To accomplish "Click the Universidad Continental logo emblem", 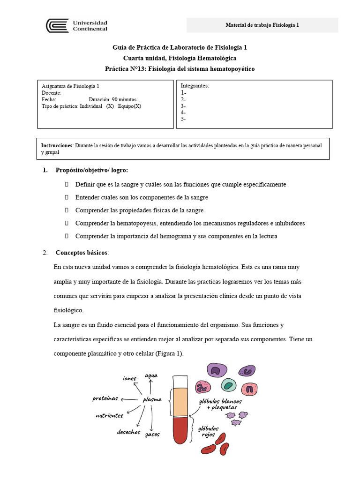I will (57, 25).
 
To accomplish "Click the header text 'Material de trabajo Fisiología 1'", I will (262, 25).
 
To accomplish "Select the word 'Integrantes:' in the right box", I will (195, 86).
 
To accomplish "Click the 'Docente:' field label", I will (52, 93).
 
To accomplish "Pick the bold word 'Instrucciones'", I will (57, 146).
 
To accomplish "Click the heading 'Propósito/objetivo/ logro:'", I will (91, 170).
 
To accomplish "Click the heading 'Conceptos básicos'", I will (82, 253).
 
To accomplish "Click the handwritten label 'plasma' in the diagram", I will (152, 400).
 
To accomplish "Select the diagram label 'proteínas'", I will (105, 398).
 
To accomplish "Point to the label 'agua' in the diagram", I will (151, 376).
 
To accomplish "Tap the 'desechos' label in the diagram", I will (128, 432).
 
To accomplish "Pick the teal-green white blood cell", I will (228, 385).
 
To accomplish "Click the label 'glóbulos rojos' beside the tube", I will (208, 431).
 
